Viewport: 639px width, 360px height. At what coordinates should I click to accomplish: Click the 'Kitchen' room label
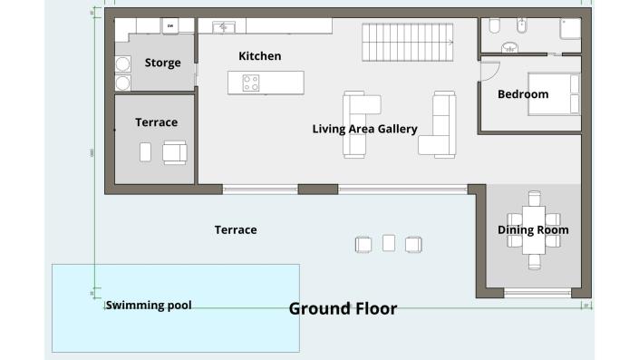[x=259, y=56]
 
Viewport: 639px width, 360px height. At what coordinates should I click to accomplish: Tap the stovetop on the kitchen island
[x=250, y=83]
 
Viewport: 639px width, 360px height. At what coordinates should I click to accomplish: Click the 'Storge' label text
[x=162, y=63]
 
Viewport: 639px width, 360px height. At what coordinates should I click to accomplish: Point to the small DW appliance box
[x=169, y=26]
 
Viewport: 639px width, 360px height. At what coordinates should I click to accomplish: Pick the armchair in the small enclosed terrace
[x=174, y=152]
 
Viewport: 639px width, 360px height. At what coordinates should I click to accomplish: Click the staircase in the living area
[x=408, y=41]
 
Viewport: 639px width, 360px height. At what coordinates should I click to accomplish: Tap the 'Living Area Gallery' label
[x=364, y=129]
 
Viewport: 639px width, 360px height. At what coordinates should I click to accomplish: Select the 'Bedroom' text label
[x=523, y=94]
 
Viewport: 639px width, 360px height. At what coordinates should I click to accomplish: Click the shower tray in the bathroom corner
[x=570, y=29]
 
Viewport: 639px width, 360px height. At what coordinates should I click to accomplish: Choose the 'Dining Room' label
[x=533, y=230]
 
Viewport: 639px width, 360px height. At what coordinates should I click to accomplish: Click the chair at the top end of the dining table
[x=534, y=197]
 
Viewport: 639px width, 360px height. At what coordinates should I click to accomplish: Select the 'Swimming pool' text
[x=149, y=306]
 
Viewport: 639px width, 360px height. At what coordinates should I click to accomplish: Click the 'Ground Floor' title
[x=343, y=309]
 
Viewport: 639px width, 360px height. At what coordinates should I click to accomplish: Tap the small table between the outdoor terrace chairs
[x=389, y=243]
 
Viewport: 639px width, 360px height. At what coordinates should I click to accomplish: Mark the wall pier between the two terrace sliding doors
[x=318, y=190]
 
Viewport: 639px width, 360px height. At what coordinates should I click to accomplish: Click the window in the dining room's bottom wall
[x=537, y=293]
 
